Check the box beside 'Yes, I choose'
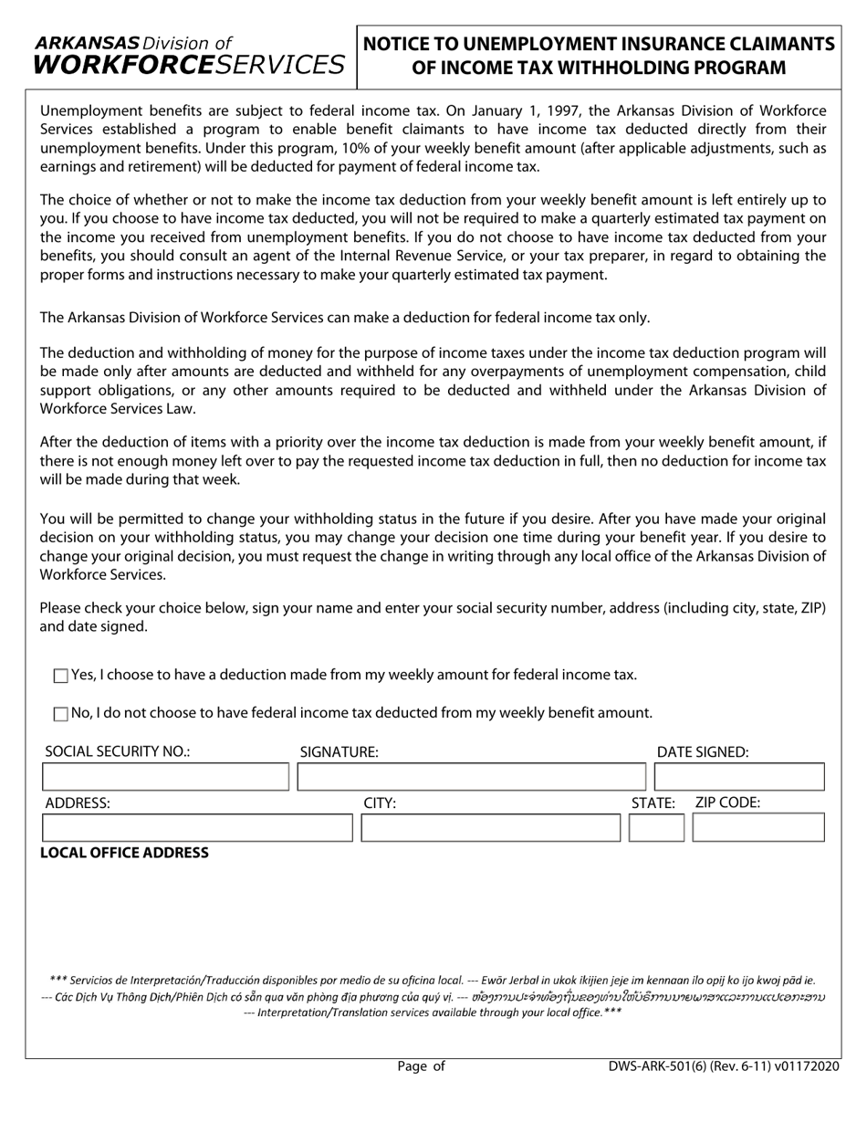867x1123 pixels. click(x=61, y=676)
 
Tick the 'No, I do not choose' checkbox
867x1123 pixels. click(x=61, y=714)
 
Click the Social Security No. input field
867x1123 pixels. click(x=165, y=777)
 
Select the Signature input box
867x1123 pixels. click(x=471, y=777)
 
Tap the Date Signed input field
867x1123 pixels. click(x=739, y=777)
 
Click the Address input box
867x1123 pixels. click(x=196, y=828)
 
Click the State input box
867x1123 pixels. click(x=656, y=828)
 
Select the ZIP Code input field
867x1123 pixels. click(x=757, y=828)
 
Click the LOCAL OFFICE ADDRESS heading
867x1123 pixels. click(x=124, y=853)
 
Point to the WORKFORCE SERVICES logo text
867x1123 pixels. click(x=189, y=64)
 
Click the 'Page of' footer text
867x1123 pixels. click(x=421, y=1065)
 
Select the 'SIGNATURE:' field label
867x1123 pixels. click(x=339, y=752)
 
